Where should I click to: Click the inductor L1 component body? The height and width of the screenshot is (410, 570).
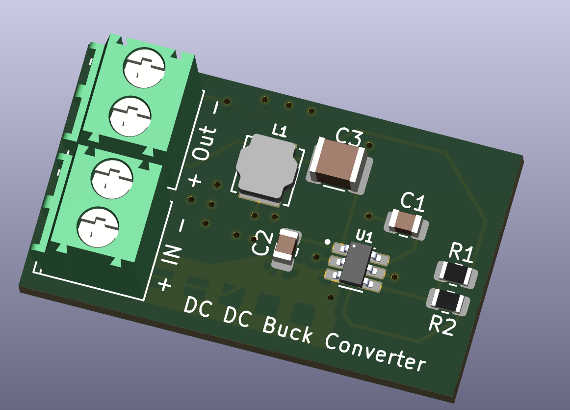[267, 168]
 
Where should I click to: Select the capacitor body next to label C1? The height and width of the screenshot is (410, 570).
[405, 222]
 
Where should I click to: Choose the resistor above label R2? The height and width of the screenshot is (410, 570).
[448, 301]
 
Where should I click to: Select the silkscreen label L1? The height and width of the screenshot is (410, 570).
[280, 130]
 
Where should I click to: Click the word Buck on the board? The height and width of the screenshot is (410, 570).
[287, 329]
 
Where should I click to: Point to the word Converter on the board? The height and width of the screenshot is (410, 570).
[376, 352]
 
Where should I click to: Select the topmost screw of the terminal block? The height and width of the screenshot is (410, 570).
[144, 68]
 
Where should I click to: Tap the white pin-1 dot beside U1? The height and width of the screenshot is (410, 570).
[328, 242]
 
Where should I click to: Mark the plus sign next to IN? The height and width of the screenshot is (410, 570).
[165, 284]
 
